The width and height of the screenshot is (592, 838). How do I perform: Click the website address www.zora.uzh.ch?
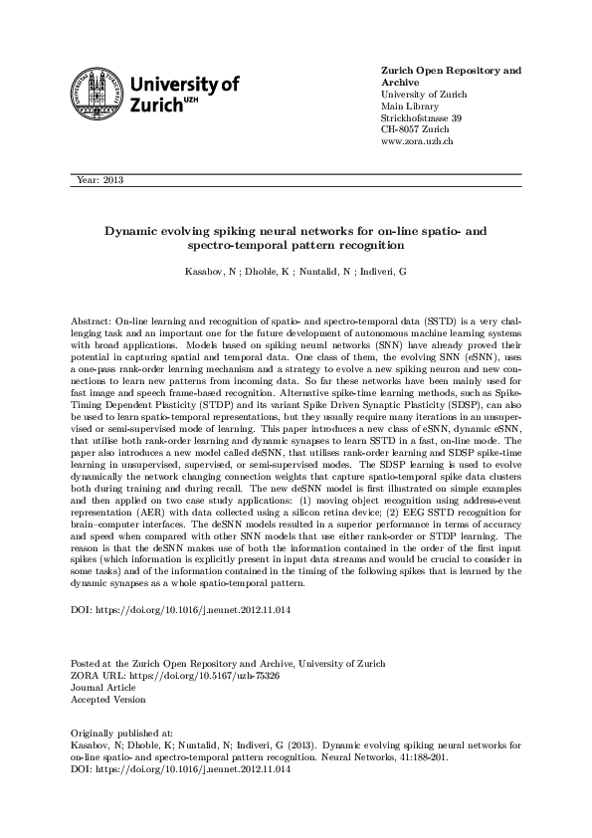(418, 142)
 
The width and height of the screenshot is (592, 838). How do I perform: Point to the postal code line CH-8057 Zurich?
(415, 130)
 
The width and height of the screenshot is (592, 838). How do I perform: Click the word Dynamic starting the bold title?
(134, 230)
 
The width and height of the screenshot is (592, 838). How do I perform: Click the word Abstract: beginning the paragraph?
(92, 323)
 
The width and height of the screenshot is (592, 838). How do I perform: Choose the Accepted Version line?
(107, 699)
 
